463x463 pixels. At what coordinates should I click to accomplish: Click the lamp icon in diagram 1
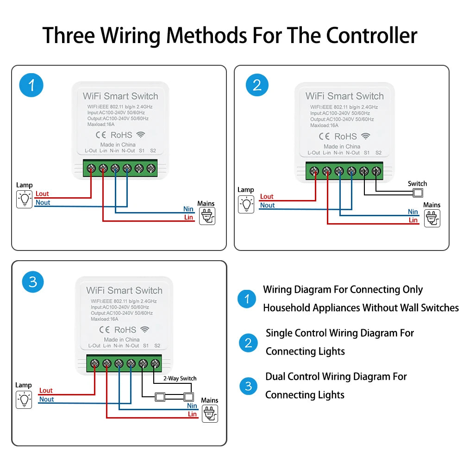click(24, 200)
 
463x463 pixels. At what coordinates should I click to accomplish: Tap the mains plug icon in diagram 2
click(432, 218)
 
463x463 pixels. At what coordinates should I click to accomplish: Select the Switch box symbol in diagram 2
click(418, 194)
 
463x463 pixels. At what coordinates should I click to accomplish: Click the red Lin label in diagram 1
click(188, 217)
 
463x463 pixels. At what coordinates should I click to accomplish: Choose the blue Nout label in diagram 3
click(46, 399)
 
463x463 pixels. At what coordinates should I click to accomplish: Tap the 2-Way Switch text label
click(180, 378)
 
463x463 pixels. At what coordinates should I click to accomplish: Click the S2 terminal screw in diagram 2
click(376, 170)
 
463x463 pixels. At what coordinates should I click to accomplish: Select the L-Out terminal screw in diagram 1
click(91, 169)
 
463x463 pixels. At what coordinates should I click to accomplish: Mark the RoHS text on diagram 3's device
click(125, 330)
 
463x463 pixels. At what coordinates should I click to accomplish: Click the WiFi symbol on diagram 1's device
click(140, 135)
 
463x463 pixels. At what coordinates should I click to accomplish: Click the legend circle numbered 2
click(248, 343)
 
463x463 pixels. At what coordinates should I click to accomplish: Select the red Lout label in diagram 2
click(267, 197)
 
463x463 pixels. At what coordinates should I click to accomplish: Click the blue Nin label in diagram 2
click(413, 212)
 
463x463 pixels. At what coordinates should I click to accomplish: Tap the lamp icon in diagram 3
click(24, 399)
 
